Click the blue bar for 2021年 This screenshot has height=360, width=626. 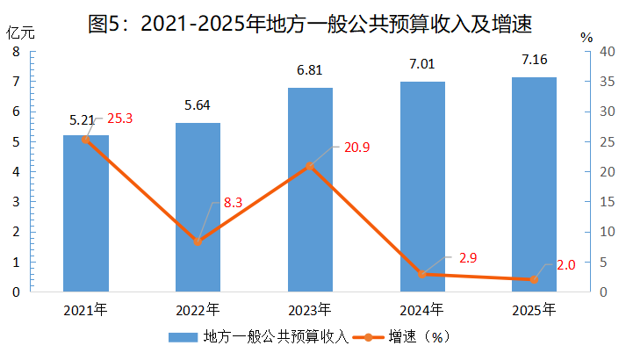86,213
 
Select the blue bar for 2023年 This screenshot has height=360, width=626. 310,190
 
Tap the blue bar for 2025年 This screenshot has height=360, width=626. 534,184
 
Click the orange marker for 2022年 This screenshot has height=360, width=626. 198,241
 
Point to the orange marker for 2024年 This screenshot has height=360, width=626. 422,274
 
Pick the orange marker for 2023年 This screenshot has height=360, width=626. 310,166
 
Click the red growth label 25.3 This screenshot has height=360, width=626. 119,119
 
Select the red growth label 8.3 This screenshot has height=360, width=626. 234,203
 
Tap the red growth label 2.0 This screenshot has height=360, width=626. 566,265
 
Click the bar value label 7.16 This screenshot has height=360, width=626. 535,60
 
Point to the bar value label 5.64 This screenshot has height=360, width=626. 198,105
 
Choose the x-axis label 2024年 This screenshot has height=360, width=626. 421,310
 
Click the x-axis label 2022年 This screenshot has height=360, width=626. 198,310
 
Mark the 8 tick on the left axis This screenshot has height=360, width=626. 16,52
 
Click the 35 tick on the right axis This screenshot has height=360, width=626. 608,82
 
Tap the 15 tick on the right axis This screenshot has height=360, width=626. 608,202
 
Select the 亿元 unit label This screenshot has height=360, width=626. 20,33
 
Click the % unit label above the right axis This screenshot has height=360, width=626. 586,38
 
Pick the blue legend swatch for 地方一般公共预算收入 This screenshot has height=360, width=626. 183,337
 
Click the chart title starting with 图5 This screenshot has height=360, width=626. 310,24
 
